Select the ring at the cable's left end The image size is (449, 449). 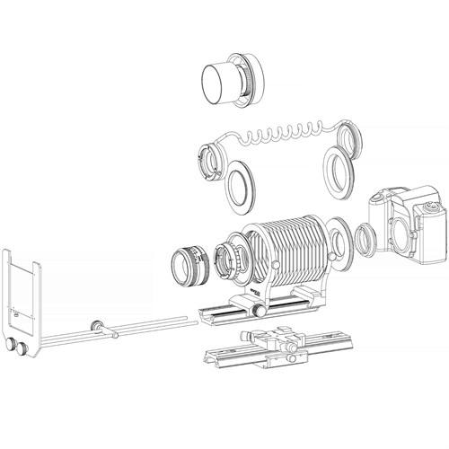point(213,159)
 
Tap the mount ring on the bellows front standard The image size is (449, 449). point(234,261)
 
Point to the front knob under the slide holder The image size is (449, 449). point(15,345)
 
